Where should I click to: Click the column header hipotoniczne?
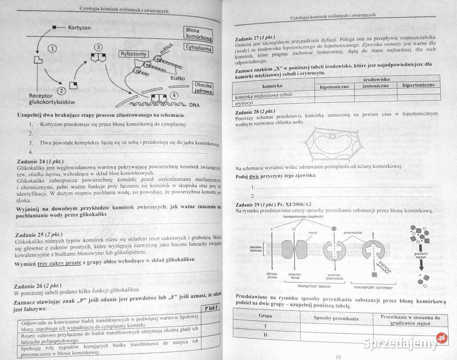pyautogui.click(x=334, y=86)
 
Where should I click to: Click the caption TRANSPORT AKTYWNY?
pyautogui.click(x=373, y=287)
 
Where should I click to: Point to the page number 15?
pyautogui.click(x=338, y=356)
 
